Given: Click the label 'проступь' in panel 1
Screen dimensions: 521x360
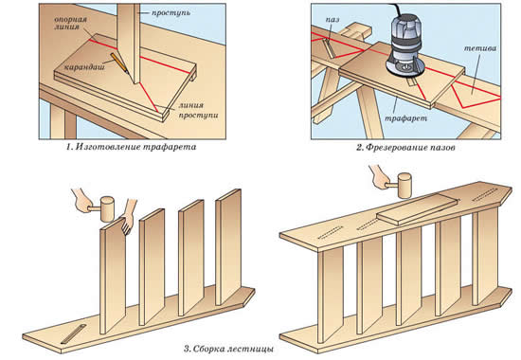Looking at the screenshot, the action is point(171,13).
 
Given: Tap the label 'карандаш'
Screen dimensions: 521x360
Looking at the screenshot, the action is point(84,67).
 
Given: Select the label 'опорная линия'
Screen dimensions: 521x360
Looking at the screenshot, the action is point(70,23).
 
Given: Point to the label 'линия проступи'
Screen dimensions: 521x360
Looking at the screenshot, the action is point(198,110).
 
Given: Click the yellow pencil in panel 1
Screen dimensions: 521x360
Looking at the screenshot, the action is point(120,63).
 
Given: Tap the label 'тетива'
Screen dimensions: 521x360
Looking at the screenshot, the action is point(480,48).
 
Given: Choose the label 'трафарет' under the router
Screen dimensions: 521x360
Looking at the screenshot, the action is point(405,117).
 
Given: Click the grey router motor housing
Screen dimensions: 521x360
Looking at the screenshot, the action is point(405,37).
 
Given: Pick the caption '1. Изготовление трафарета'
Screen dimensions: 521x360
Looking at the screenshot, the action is point(132,147).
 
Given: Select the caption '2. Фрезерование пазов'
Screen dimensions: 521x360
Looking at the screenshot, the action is point(405,147).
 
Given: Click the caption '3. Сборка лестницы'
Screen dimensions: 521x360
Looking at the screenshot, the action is point(228,350).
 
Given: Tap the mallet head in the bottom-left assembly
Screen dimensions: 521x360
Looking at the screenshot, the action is point(107,209).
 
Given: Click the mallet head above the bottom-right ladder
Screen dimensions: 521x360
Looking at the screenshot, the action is point(404,185).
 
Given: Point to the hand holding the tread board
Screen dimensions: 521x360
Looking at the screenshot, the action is point(128,216).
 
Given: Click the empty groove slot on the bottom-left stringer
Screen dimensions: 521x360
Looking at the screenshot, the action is point(74,333).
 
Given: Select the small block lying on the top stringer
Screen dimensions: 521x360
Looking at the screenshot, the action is point(418,209).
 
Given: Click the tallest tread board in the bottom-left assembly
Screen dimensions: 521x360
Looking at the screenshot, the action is point(228,247).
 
